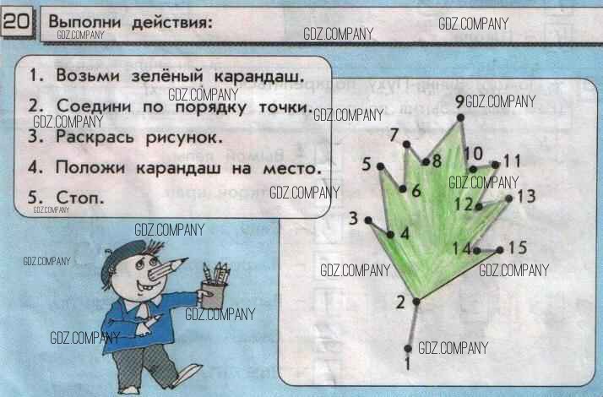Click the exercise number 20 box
pos(18,22)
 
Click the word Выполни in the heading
pos(84,22)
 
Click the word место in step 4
pos(291,168)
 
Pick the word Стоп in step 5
pos(79,198)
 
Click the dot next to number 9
pos(460,117)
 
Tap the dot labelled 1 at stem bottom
pos(408,349)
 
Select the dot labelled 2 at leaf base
pos(416,302)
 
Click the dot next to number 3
pos(368,220)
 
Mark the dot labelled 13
pos(509,198)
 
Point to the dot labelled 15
pos(500,250)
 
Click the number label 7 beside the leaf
pos(394,135)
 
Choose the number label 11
pos(513,160)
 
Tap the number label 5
pos(367,164)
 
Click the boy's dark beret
pos(122,258)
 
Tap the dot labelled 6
pos(403,188)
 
